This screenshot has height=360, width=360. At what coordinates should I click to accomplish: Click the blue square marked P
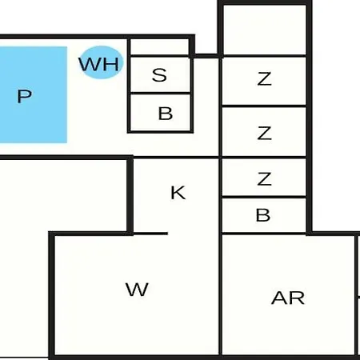[34, 94]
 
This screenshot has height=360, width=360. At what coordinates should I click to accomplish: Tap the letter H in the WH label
[109, 64]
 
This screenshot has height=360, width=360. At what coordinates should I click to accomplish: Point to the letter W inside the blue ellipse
[90, 64]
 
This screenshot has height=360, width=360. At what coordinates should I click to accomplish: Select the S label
[159, 74]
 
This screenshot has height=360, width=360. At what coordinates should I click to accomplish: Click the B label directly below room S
[166, 114]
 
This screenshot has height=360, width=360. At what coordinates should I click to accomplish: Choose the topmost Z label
[265, 78]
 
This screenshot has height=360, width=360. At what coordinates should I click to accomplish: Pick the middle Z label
[265, 133]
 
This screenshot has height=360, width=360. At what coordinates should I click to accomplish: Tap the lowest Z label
[265, 178]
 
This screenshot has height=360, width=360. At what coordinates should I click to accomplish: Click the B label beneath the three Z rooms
[263, 215]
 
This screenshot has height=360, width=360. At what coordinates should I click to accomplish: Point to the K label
[178, 193]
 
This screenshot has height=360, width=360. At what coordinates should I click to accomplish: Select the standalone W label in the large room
[137, 290]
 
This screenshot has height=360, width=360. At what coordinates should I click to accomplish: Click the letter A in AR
[279, 298]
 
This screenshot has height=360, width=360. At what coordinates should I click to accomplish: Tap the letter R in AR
[297, 298]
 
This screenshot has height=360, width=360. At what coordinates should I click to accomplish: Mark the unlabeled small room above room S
[159, 47]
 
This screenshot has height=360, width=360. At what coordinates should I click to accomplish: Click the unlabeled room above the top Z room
[265, 30]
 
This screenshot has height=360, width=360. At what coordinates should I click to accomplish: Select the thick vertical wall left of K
[130, 195]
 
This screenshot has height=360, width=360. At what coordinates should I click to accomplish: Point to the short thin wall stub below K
[150, 234]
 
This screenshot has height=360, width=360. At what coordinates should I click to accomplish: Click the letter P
[24, 96]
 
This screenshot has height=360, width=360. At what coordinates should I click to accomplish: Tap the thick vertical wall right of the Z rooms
[309, 118]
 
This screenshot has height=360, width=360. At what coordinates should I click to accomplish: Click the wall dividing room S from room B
[160, 93]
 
